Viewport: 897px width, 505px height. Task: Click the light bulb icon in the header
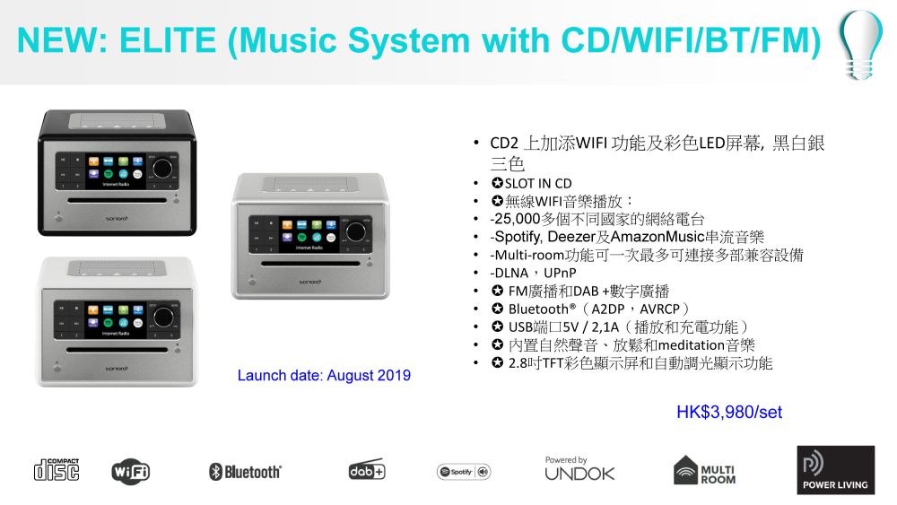859,45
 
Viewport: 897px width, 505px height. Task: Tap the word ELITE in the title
168,40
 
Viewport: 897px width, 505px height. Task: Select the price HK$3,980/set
728,412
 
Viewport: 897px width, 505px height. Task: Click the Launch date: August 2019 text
324,375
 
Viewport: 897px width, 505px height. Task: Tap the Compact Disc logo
57,469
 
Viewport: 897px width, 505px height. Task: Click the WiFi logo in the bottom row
130,471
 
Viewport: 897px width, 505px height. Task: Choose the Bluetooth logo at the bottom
245,472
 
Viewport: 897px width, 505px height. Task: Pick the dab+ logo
367,469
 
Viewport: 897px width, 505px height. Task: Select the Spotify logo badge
464,472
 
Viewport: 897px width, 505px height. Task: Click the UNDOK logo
579,469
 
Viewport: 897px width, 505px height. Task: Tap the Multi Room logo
704,470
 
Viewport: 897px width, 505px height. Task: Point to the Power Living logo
836,470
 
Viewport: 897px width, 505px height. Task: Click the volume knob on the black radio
162,168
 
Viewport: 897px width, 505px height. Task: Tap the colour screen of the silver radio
309,233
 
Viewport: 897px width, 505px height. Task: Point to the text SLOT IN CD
537,184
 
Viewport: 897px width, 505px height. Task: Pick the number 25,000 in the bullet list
518,219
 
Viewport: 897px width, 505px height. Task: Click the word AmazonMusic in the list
658,237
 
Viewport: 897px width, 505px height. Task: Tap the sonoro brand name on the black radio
117,219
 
